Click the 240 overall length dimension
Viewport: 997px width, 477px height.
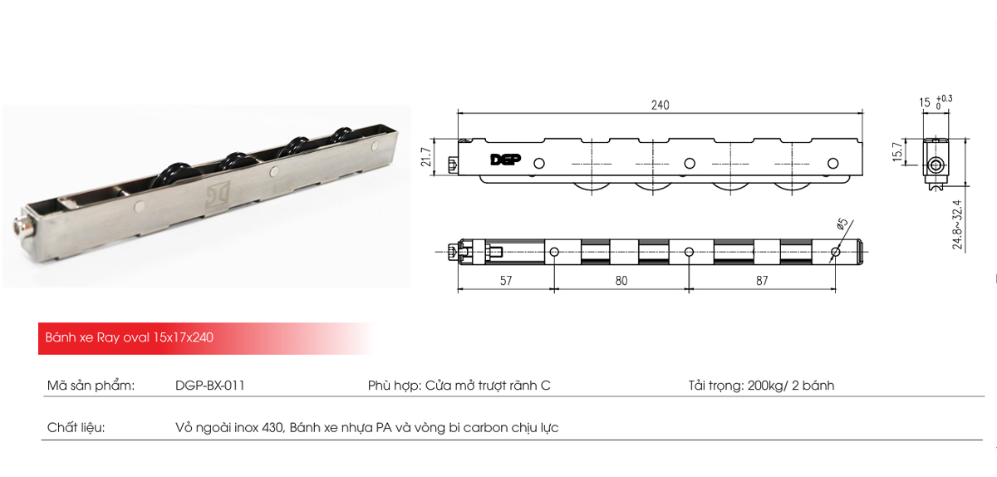pos(660,106)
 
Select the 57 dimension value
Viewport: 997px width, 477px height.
pos(505,281)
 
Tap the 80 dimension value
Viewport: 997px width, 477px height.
pos(621,281)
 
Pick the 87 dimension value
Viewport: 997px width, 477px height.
pos(762,281)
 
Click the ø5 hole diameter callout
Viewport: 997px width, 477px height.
pos(842,224)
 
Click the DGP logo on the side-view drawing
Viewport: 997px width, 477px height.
pos(503,160)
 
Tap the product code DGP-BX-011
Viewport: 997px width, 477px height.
pos(209,386)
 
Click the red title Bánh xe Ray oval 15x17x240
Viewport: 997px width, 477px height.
pos(130,339)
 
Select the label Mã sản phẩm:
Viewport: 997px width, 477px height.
pos(91,386)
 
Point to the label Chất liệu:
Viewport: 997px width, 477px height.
pos(76,428)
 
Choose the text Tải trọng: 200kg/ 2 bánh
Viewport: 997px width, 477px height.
pos(761,386)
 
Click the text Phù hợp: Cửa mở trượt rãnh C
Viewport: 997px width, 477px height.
pos(459,386)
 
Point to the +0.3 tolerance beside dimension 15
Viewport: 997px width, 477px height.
pos(944,98)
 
